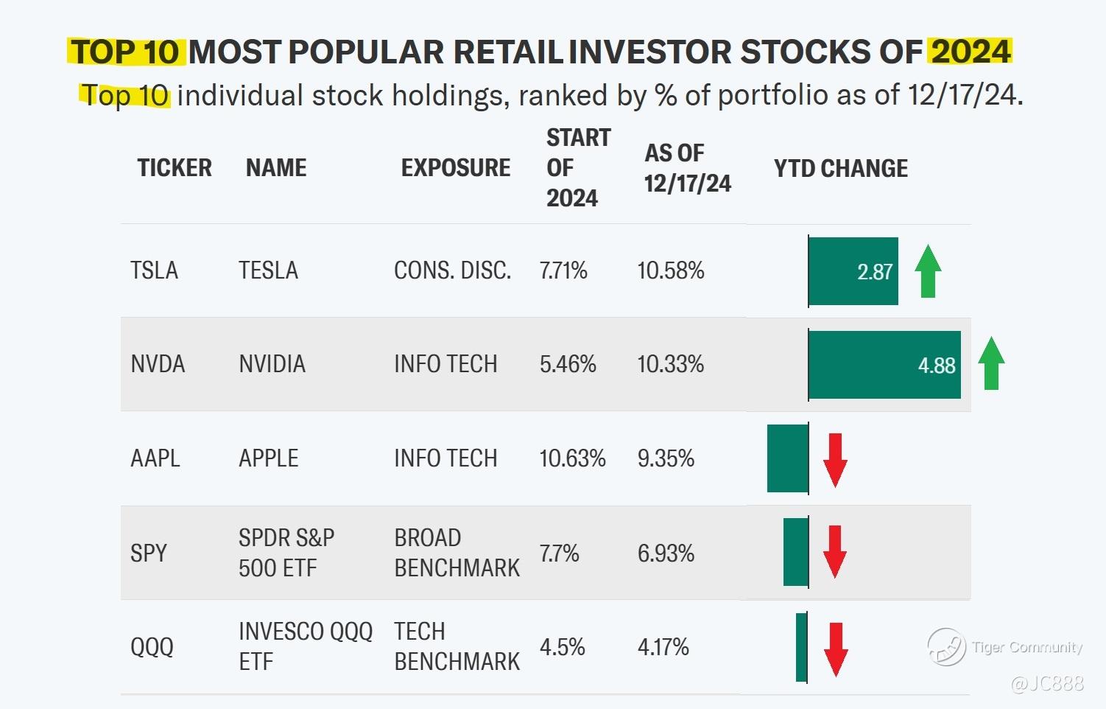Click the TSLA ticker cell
click(154, 270)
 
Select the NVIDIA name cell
click(272, 364)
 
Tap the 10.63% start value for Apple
click(572, 458)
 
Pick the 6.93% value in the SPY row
click(666, 553)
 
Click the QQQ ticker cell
click(152, 647)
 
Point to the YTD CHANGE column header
click(840, 168)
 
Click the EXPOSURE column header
click(455, 168)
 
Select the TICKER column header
click(174, 168)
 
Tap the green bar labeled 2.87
click(853, 271)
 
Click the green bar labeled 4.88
click(884, 365)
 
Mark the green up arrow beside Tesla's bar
click(928, 271)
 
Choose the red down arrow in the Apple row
click(835, 460)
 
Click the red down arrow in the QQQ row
click(835, 649)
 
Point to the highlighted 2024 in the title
click(970, 52)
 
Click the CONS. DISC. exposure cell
click(452, 270)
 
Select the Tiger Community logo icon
click(945, 646)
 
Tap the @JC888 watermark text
click(1047, 683)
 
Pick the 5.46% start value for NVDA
click(568, 364)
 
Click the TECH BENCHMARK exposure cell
click(457, 646)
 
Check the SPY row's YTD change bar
click(795, 552)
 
